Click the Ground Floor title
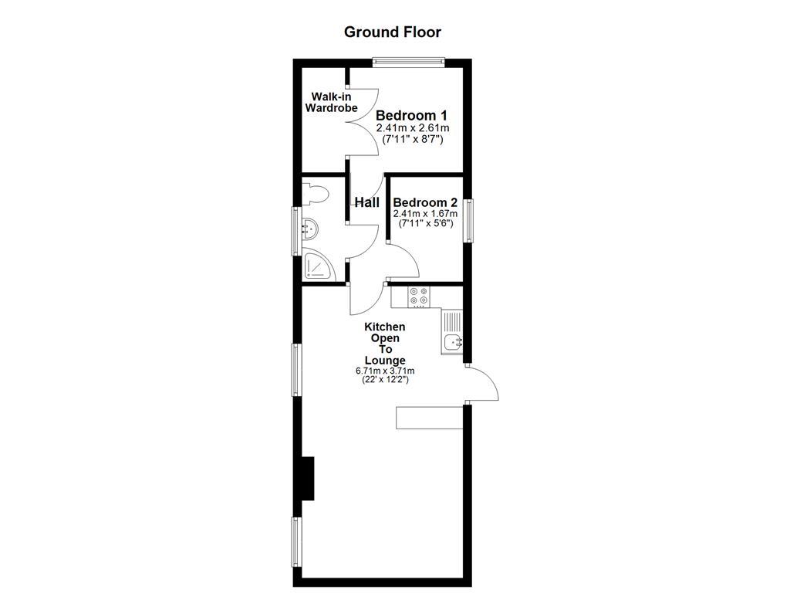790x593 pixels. point(392,32)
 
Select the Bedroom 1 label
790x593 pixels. point(411,115)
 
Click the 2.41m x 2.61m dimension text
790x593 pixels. point(413,128)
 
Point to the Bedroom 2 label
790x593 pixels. point(425,202)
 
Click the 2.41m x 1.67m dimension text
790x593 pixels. point(425,214)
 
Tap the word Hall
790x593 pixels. point(366,202)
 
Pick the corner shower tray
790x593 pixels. point(316,266)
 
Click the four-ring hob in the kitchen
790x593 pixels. point(419,296)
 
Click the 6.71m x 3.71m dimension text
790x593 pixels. point(385,371)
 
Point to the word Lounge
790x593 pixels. point(385,360)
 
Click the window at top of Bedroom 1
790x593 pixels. point(409,62)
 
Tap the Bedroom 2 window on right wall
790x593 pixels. point(468,221)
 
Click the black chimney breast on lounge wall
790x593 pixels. point(307,479)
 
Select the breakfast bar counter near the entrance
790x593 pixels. point(428,417)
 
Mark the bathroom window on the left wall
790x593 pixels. point(296,230)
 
